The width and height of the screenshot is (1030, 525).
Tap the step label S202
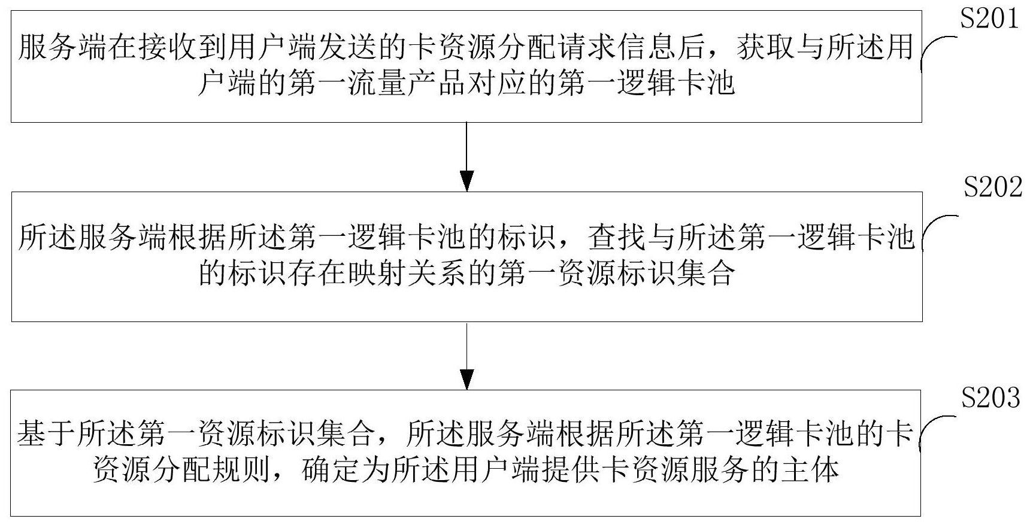992,188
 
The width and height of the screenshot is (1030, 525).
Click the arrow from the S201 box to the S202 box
466,157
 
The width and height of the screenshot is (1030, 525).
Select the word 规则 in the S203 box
242,471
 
